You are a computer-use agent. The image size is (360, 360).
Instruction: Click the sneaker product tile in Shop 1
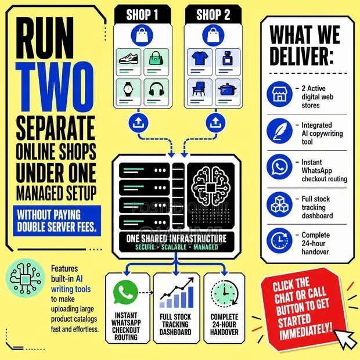[128, 62]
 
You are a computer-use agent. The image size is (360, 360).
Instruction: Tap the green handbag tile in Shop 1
[156, 62]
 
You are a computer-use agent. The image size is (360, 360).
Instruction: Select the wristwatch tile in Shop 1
[128, 92]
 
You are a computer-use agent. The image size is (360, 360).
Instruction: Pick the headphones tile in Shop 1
[156, 92]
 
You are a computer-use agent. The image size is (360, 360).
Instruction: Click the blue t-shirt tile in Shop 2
[200, 62]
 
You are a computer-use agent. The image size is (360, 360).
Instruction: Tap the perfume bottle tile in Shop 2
[228, 62]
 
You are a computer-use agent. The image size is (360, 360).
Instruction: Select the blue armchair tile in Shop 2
[200, 92]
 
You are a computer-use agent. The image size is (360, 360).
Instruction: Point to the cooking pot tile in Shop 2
[228, 92]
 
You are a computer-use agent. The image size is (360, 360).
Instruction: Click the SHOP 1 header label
[142, 15]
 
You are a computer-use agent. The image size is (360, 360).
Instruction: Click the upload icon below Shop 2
[215, 123]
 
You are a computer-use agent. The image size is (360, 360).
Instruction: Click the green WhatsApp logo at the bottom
[125, 292]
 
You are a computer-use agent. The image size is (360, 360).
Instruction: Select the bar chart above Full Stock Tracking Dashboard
[177, 293]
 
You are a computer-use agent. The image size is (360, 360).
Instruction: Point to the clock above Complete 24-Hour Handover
[225, 293]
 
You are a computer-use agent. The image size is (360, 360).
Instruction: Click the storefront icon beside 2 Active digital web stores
[279, 94]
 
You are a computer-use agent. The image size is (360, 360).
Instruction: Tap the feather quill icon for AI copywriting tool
[279, 131]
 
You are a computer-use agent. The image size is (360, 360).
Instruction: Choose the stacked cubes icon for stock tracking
[279, 204]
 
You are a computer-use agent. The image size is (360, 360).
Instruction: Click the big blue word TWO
[55, 87]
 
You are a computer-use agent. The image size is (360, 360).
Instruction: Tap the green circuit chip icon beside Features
[25, 278]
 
